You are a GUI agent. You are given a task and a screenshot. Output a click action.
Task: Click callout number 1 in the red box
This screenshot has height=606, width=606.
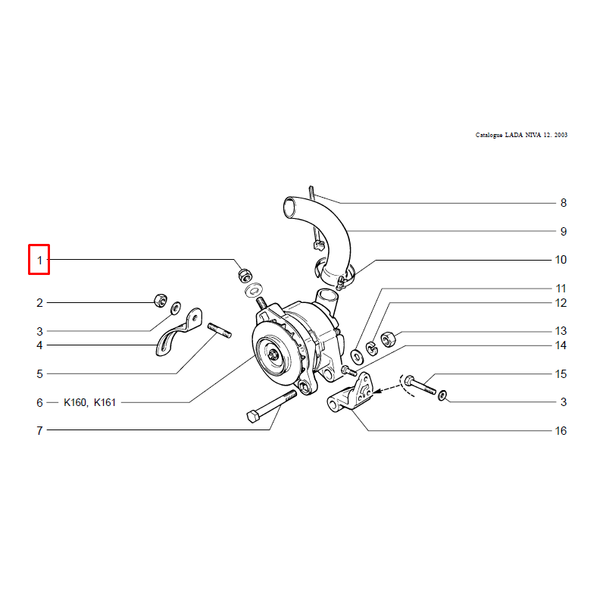(39, 261)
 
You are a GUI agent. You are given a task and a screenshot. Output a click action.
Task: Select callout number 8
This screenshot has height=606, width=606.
(564, 203)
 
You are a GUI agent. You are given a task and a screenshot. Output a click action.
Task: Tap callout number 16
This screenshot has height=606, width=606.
(561, 430)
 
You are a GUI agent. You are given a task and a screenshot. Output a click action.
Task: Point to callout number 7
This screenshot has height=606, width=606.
(39, 430)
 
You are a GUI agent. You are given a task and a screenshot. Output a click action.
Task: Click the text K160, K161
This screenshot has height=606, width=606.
(89, 402)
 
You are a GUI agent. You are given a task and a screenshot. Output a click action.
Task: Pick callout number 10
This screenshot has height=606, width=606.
(561, 260)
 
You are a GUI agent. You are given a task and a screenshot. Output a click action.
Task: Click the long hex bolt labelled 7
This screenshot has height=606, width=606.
(272, 406)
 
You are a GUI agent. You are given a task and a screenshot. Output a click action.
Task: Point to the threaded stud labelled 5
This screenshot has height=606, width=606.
(220, 330)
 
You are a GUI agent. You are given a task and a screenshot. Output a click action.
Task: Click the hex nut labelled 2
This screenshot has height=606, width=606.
(161, 300)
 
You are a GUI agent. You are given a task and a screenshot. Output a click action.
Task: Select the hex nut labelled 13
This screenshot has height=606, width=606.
(388, 339)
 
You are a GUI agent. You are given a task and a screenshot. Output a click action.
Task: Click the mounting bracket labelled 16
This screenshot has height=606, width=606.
(351, 393)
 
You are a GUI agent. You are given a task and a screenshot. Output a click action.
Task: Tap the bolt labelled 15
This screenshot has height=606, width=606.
(420, 385)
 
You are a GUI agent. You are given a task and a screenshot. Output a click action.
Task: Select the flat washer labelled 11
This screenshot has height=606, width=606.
(356, 356)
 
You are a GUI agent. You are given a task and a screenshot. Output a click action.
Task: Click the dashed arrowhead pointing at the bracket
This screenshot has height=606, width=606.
(376, 391)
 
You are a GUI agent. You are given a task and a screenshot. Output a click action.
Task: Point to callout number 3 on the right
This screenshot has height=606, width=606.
(564, 402)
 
